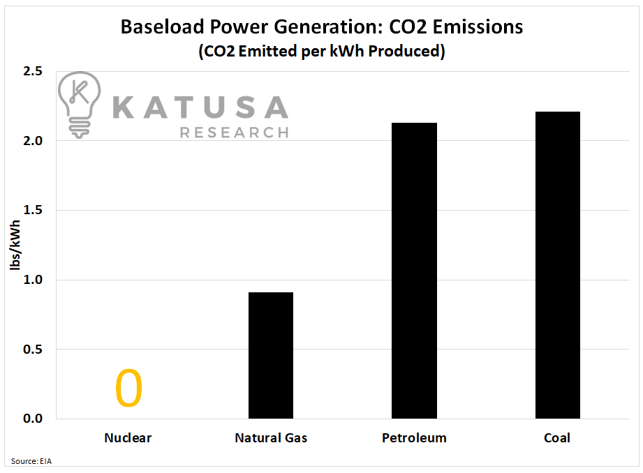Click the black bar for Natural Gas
(x=270, y=355)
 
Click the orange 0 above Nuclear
(x=128, y=389)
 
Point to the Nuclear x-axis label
(x=128, y=438)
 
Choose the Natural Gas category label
(x=271, y=438)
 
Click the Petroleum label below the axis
(x=414, y=438)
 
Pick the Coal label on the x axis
(x=557, y=438)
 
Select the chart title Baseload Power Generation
(x=322, y=27)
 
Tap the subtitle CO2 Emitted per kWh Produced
(x=322, y=52)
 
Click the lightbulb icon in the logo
(x=80, y=103)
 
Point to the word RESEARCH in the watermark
(x=234, y=132)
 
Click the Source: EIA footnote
(x=32, y=462)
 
